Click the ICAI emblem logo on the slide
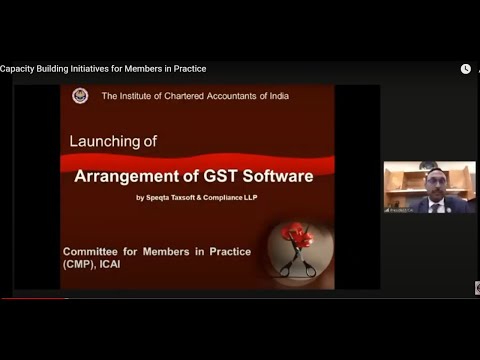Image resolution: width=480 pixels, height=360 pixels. [80, 96]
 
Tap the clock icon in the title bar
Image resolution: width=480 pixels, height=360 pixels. [465, 69]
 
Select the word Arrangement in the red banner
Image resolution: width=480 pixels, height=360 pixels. [125, 176]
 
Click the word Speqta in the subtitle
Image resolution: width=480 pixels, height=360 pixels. [158, 197]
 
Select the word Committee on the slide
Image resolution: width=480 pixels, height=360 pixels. [92, 251]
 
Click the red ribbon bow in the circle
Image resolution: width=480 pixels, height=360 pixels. [296, 236]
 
